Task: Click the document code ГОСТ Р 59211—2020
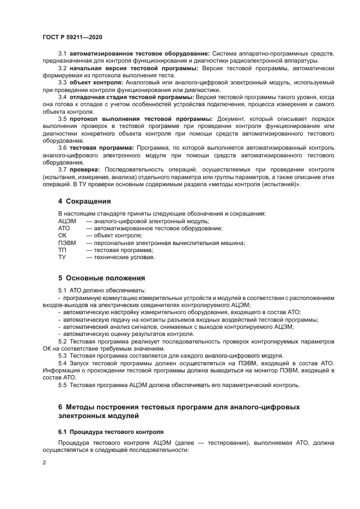tap(72, 37)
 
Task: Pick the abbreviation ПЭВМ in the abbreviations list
tap(68, 243)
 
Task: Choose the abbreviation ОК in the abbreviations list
tap(63, 236)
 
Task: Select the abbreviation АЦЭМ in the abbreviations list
tap(68, 222)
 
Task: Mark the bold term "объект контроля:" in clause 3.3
tap(96, 82)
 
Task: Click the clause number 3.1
tap(62, 53)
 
